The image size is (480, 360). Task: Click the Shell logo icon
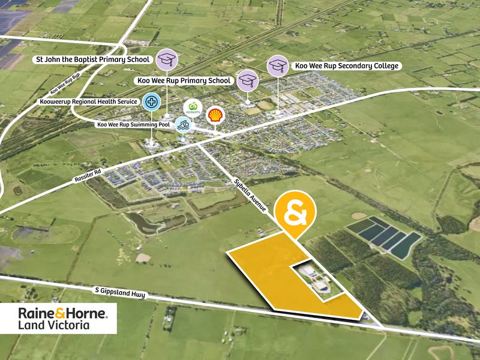coord(214,115)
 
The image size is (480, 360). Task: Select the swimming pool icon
coord(184,125)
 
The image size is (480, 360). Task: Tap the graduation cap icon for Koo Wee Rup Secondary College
coord(278,65)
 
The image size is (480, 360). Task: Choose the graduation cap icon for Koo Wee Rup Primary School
coord(247,80)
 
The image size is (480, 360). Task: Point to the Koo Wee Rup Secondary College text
coord(346,65)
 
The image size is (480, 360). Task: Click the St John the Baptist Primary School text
coord(91,60)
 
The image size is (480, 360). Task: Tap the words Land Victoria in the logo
coord(54,325)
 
